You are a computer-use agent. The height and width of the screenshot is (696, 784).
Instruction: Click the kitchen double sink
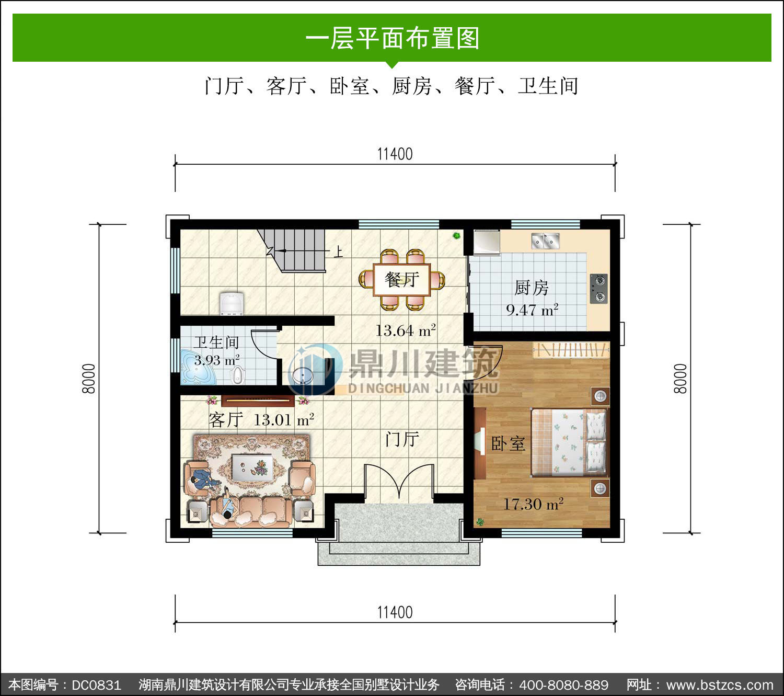[545, 241]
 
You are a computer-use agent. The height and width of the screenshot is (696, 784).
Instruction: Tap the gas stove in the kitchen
[598, 288]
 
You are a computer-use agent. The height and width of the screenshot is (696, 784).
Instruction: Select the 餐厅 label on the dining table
[402, 279]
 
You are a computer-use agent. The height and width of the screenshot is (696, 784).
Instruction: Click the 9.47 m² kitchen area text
[532, 310]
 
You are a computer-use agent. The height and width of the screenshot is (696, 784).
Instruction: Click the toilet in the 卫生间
[237, 375]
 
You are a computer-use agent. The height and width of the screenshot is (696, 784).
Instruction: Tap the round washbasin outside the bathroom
[303, 375]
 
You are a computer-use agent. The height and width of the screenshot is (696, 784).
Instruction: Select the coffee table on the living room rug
[252, 467]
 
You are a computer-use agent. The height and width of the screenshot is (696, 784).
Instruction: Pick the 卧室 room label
[508, 443]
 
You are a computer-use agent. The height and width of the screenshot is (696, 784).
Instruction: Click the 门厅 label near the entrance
[402, 439]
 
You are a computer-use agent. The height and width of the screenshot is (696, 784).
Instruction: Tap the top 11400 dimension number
[395, 154]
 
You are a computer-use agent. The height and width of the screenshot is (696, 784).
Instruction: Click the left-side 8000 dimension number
[89, 379]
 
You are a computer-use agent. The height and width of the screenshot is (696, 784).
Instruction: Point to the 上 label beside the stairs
[338, 252]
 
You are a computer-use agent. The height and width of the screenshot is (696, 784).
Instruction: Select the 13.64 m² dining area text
[406, 330]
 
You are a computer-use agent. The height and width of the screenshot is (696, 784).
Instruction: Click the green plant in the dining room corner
[457, 235]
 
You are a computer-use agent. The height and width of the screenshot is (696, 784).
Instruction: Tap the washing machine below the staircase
[232, 303]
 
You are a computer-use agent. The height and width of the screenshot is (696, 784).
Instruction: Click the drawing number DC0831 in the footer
[96, 685]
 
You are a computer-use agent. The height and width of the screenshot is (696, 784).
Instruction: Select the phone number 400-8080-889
[563, 685]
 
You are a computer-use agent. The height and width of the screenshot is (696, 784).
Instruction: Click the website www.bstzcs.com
[719, 685]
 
